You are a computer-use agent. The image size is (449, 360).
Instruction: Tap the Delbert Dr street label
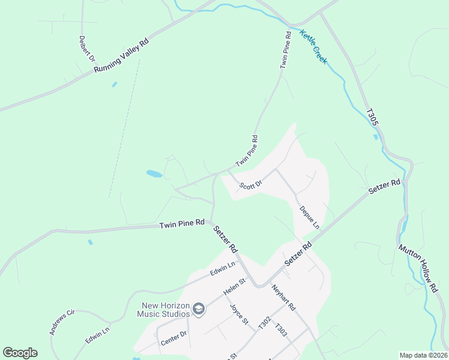click(x=87, y=49)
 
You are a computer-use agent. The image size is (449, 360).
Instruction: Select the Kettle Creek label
click(x=314, y=47)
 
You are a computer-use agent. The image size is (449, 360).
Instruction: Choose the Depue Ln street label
click(x=309, y=218)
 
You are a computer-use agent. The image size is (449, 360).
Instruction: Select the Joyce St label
click(x=239, y=314)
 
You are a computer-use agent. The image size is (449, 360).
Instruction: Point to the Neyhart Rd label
click(x=283, y=298)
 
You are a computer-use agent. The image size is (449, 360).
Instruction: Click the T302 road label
click(x=264, y=322)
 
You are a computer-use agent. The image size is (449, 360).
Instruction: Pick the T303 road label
click(x=280, y=330)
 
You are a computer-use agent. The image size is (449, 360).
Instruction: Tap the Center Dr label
click(x=174, y=338)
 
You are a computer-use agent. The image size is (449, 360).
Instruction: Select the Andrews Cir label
click(x=61, y=322)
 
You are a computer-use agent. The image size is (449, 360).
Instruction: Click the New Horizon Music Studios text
click(x=163, y=309)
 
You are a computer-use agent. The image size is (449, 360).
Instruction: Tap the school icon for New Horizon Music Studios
click(x=199, y=310)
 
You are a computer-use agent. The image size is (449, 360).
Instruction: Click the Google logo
click(x=20, y=353)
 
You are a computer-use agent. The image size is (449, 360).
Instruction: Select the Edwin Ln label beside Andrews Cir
click(x=97, y=335)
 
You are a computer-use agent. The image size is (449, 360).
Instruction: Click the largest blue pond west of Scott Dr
click(x=154, y=174)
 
